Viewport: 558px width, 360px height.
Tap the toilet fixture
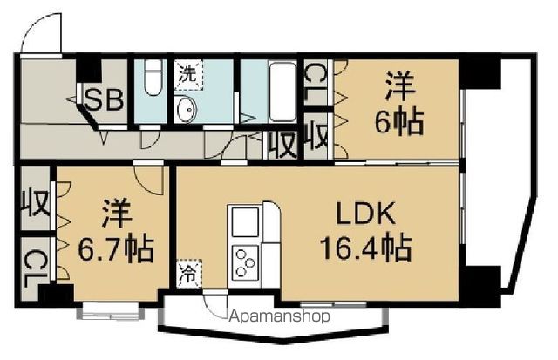click(153, 79)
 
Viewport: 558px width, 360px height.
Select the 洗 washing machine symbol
click(187, 75)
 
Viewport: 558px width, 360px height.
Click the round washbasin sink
click(187, 111)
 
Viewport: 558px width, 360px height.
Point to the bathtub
click(281, 92)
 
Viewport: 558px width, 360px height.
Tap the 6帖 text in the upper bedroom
click(399, 121)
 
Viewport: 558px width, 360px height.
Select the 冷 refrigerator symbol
click(188, 274)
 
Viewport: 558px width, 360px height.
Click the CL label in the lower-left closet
click(34, 262)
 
